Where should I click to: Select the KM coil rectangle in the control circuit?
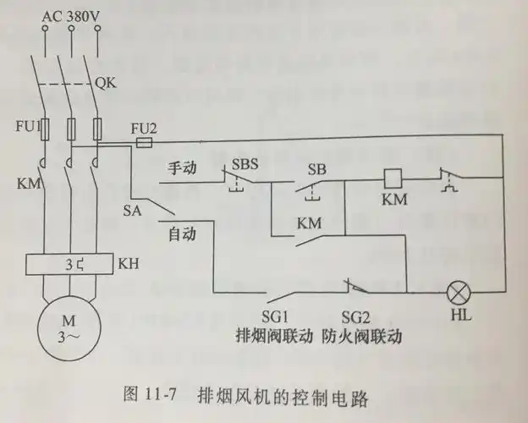(x=393, y=179)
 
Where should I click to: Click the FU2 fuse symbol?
(x=144, y=145)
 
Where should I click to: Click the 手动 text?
(x=182, y=168)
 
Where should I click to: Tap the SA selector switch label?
(x=132, y=209)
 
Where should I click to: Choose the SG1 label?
(x=280, y=316)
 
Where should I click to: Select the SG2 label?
(x=358, y=316)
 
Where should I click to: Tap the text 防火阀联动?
(x=361, y=336)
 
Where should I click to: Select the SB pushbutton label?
(x=317, y=168)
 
